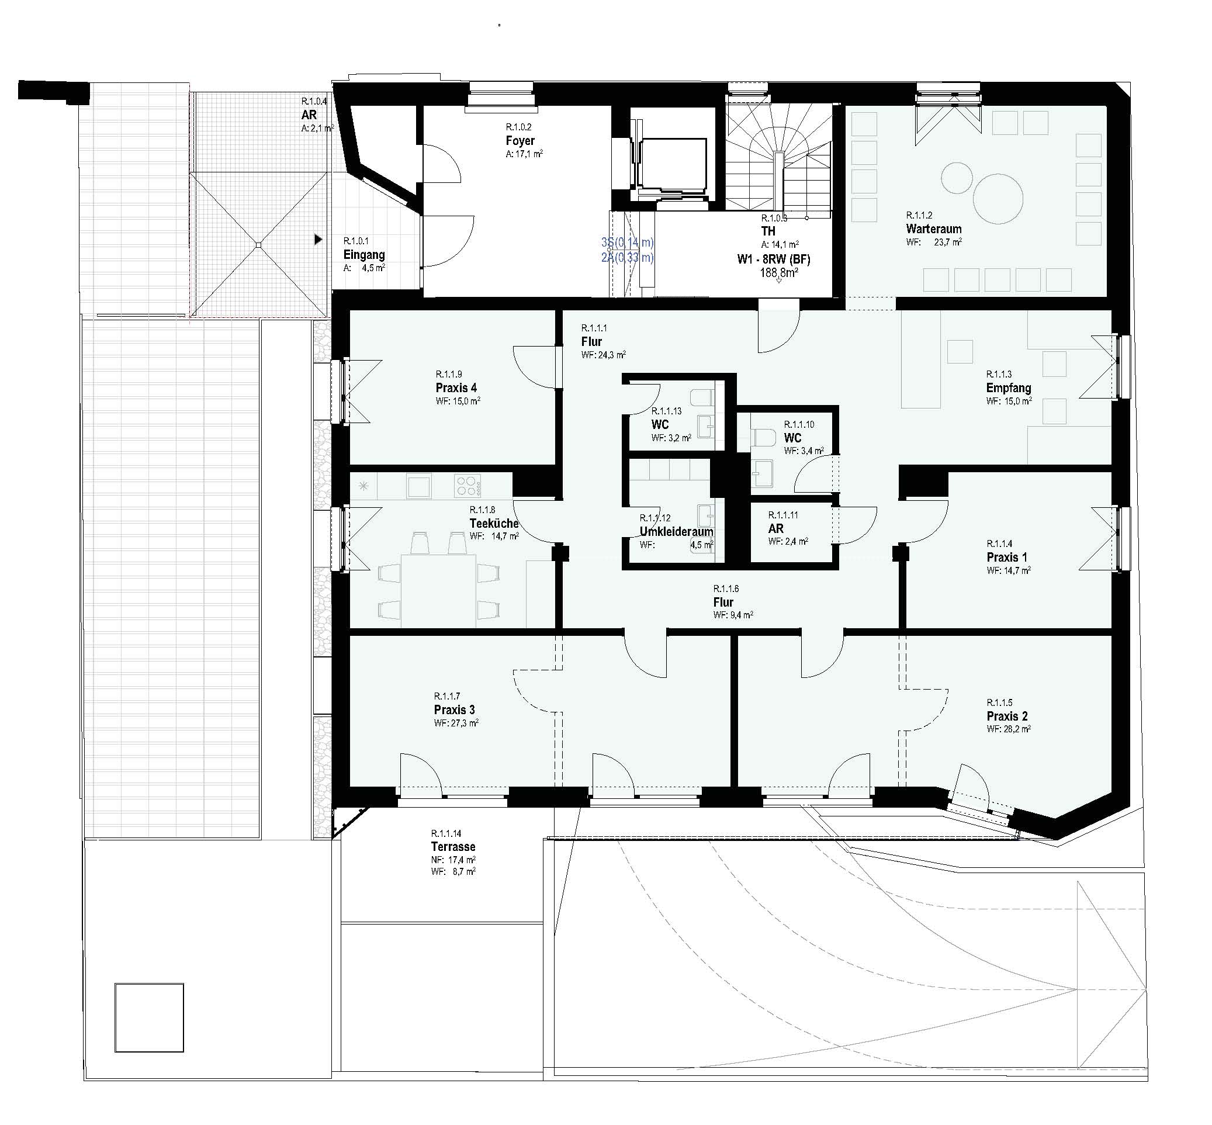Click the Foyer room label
520,140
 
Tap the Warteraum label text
933,229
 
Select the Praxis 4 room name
456,388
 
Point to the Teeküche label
494,523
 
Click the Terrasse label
453,846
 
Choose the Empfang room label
1008,388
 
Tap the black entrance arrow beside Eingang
318,240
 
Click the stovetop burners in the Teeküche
468,486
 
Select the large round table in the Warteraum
997,198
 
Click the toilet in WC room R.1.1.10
763,437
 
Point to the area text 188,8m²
778,273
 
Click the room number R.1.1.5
999,702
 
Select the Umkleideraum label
676,531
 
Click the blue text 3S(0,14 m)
627,243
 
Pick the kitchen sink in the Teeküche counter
420,486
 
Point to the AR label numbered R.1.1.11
775,528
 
